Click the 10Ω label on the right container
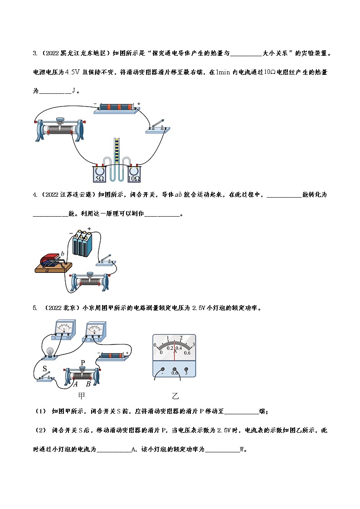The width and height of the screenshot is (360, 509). (134, 179)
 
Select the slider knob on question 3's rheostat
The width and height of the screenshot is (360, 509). (60, 120)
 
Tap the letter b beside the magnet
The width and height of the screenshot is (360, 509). (63, 253)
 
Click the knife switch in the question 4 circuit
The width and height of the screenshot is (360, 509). (105, 260)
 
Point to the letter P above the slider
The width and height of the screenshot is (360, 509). (83, 363)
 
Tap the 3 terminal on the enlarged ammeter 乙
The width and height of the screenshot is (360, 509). (186, 373)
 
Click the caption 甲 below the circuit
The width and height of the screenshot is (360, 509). (81, 396)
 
